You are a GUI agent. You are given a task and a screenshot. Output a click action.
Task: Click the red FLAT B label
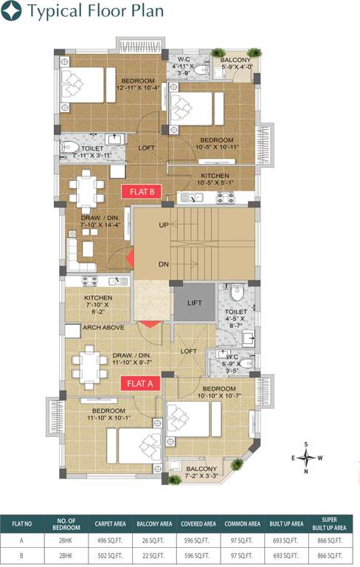click(x=141, y=191)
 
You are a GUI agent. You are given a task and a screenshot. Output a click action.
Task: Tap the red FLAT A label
click(x=140, y=382)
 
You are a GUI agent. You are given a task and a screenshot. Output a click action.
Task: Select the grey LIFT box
click(x=194, y=303)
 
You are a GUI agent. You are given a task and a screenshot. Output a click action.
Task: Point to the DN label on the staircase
click(x=164, y=264)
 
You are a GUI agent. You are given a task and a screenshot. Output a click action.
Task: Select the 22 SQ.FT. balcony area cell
click(x=153, y=554)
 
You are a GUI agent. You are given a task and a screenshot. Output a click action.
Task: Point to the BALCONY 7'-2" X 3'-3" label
click(x=201, y=472)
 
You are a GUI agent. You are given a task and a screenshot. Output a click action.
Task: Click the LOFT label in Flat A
click(x=189, y=351)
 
